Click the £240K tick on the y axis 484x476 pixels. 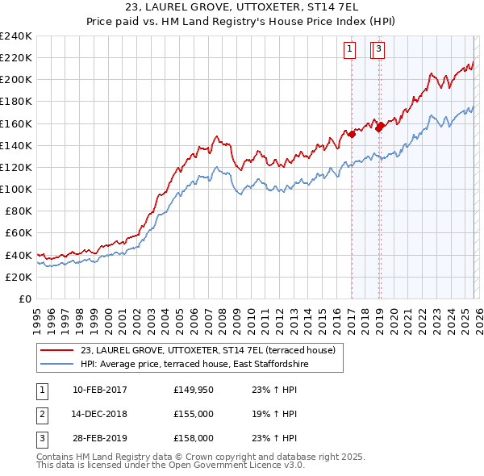pyautogui.click(x=16, y=36)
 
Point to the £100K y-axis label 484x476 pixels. pyautogui.click(x=16, y=189)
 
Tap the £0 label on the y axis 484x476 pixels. pyautogui.click(x=24, y=299)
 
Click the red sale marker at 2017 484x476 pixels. pyautogui.click(x=352, y=135)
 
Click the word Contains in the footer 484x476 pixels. pyautogui.click(x=56, y=457)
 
